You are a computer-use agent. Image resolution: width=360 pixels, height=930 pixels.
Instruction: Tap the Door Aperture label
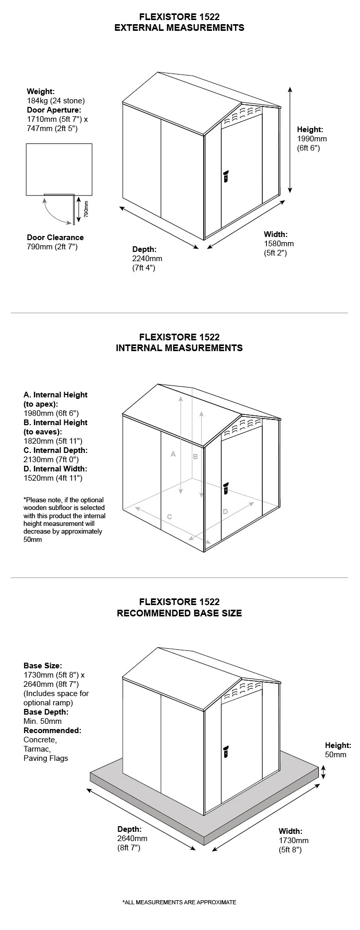click(54, 110)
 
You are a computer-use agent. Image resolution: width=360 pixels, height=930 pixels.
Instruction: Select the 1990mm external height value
click(312, 139)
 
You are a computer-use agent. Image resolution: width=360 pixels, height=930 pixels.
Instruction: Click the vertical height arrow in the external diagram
click(290, 140)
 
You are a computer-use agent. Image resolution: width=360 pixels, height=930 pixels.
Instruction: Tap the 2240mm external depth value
click(147, 259)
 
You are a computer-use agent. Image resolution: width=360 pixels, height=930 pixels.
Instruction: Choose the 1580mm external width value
click(279, 243)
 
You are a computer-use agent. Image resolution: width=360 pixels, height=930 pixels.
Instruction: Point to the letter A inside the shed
click(173, 454)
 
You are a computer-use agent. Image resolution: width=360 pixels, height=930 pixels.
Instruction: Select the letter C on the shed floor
click(169, 517)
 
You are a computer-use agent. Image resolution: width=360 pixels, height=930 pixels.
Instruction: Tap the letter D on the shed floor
click(225, 512)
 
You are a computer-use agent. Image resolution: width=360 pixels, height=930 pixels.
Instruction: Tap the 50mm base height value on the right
click(336, 755)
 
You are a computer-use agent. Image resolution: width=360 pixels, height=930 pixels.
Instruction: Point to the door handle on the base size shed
click(225, 751)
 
